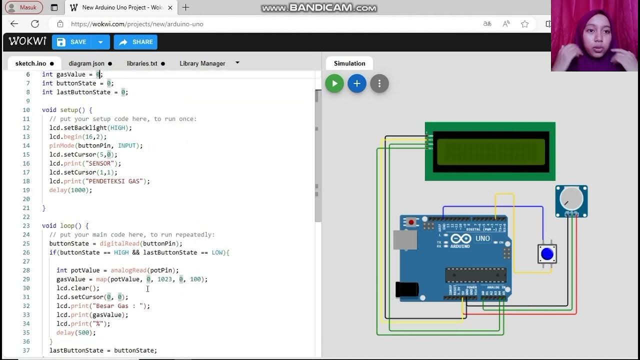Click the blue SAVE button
pyautogui.click(x=73, y=42)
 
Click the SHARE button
pyautogui.click(x=135, y=42)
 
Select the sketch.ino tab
pyautogui.click(x=31, y=63)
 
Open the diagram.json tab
pyautogui.click(x=86, y=63)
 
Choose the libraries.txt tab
pyautogui.click(x=142, y=63)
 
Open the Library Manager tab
pyautogui.click(x=202, y=63)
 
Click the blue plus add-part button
pyautogui.click(x=357, y=83)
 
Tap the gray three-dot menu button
pyautogui.click(x=379, y=83)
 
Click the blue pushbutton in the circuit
pyautogui.click(x=547, y=254)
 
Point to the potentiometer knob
pyautogui.click(x=571, y=198)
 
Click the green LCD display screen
pyautogui.click(x=490, y=151)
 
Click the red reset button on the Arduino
pyautogui.click(x=411, y=222)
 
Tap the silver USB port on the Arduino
pyautogui.click(x=404, y=240)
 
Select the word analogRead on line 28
pyautogui.click(x=128, y=270)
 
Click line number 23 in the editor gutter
pyautogui.click(x=26, y=225)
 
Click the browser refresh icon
pyautogui.click(x=35, y=24)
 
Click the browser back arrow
pyautogui.click(x=14, y=24)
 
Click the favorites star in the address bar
pyautogui.click(x=524, y=24)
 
